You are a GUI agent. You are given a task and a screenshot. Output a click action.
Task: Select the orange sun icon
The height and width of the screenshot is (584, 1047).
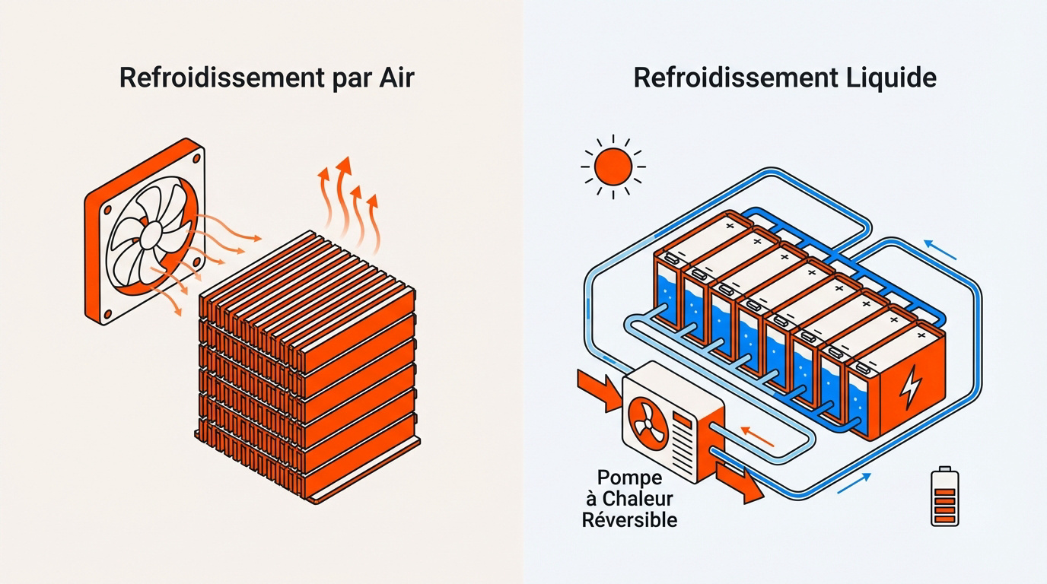pyautogui.click(x=613, y=167)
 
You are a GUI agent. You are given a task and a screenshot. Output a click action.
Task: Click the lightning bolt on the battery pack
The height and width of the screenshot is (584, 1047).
pyautogui.click(x=909, y=387)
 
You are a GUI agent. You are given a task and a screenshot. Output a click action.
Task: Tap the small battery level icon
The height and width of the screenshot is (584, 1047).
pyautogui.click(x=945, y=497)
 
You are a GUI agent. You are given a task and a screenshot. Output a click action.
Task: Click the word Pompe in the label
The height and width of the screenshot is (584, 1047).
pyautogui.click(x=629, y=478)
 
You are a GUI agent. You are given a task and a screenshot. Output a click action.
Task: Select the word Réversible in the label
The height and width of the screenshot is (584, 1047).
pyautogui.click(x=629, y=520)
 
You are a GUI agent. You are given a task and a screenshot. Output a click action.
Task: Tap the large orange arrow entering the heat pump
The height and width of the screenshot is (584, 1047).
pyautogui.click(x=600, y=387)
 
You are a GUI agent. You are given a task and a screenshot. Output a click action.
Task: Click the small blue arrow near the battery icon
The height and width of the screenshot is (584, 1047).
pyautogui.click(x=854, y=483)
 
